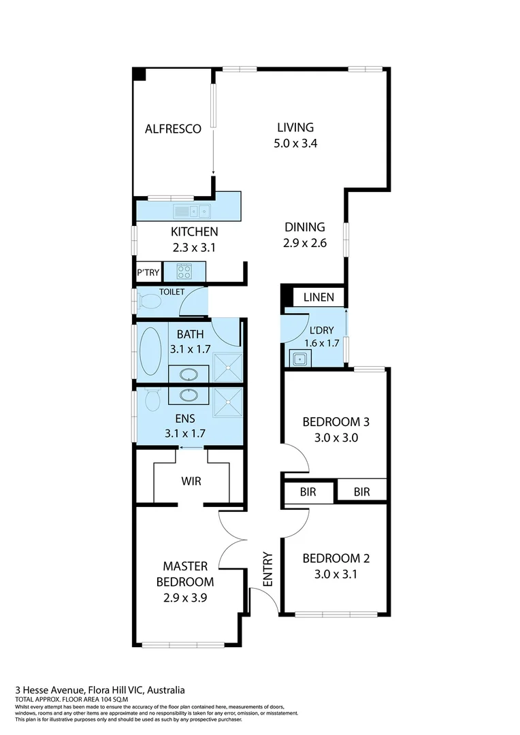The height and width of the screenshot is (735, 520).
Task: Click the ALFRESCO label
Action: click(173, 129)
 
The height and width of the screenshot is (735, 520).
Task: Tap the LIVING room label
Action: click(295, 127)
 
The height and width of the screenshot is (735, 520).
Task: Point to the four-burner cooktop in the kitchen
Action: click(184, 272)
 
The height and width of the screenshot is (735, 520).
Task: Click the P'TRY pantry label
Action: click(148, 272)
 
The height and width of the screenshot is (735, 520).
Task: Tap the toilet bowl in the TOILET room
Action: click(149, 301)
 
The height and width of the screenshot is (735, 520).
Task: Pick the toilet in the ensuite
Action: click(152, 397)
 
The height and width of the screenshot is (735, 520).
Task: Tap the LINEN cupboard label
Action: click(319, 297)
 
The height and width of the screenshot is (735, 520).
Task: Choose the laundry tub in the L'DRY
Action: click(299, 357)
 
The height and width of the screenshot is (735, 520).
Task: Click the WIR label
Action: click(191, 481)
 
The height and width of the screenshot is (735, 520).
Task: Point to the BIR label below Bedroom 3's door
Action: click(308, 491)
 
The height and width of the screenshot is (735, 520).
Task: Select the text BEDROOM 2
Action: click(336, 559)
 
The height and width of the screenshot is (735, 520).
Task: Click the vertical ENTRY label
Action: click(267, 569)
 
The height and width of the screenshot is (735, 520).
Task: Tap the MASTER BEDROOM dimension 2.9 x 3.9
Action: click(188, 599)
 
